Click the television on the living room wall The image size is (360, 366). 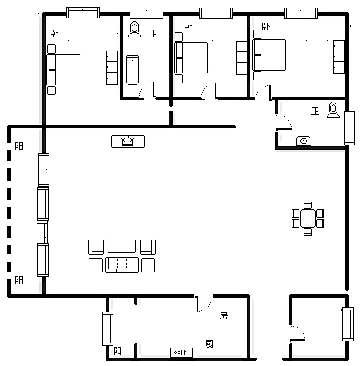[x=128, y=142]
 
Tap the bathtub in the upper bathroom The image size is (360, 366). [x=132, y=70]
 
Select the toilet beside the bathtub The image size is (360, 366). [x=135, y=30]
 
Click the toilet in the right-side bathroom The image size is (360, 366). [x=333, y=109]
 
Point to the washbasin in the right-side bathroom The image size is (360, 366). [x=304, y=141]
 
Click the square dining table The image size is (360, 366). [x=308, y=219]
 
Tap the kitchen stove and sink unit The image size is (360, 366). [x=182, y=353]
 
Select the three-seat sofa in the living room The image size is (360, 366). [x=122, y=265]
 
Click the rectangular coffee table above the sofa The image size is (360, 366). [x=122, y=246]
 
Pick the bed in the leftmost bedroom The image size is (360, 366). [x=63, y=70]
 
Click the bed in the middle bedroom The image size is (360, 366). [x=191, y=58]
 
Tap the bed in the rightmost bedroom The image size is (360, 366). [x=269, y=55]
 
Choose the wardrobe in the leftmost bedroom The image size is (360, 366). [x=112, y=68]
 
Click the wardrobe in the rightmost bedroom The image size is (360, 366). [x=339, y=57]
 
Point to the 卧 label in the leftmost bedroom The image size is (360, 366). [x=54, y=34]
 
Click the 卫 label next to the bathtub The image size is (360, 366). [x=153, y=33]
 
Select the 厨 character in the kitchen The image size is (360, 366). [x=209, y=344]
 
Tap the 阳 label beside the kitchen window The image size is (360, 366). [x=118, y=351]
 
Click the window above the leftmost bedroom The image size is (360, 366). [x=83, y=13]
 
